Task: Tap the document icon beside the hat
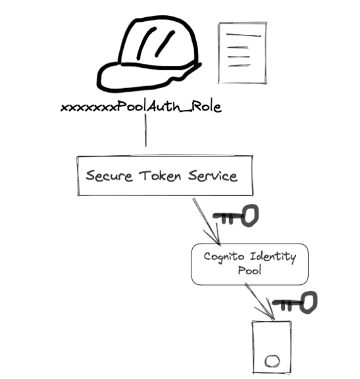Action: (x=242, y=53)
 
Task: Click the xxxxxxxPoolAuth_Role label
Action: (x=141, y=107)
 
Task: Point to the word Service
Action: (x=210, y=176)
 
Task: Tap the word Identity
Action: (x=272, y=256)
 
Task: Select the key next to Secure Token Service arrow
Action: (x=238, y=215)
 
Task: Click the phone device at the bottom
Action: (x=271, y=345)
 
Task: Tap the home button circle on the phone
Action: (x=271, y=361)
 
